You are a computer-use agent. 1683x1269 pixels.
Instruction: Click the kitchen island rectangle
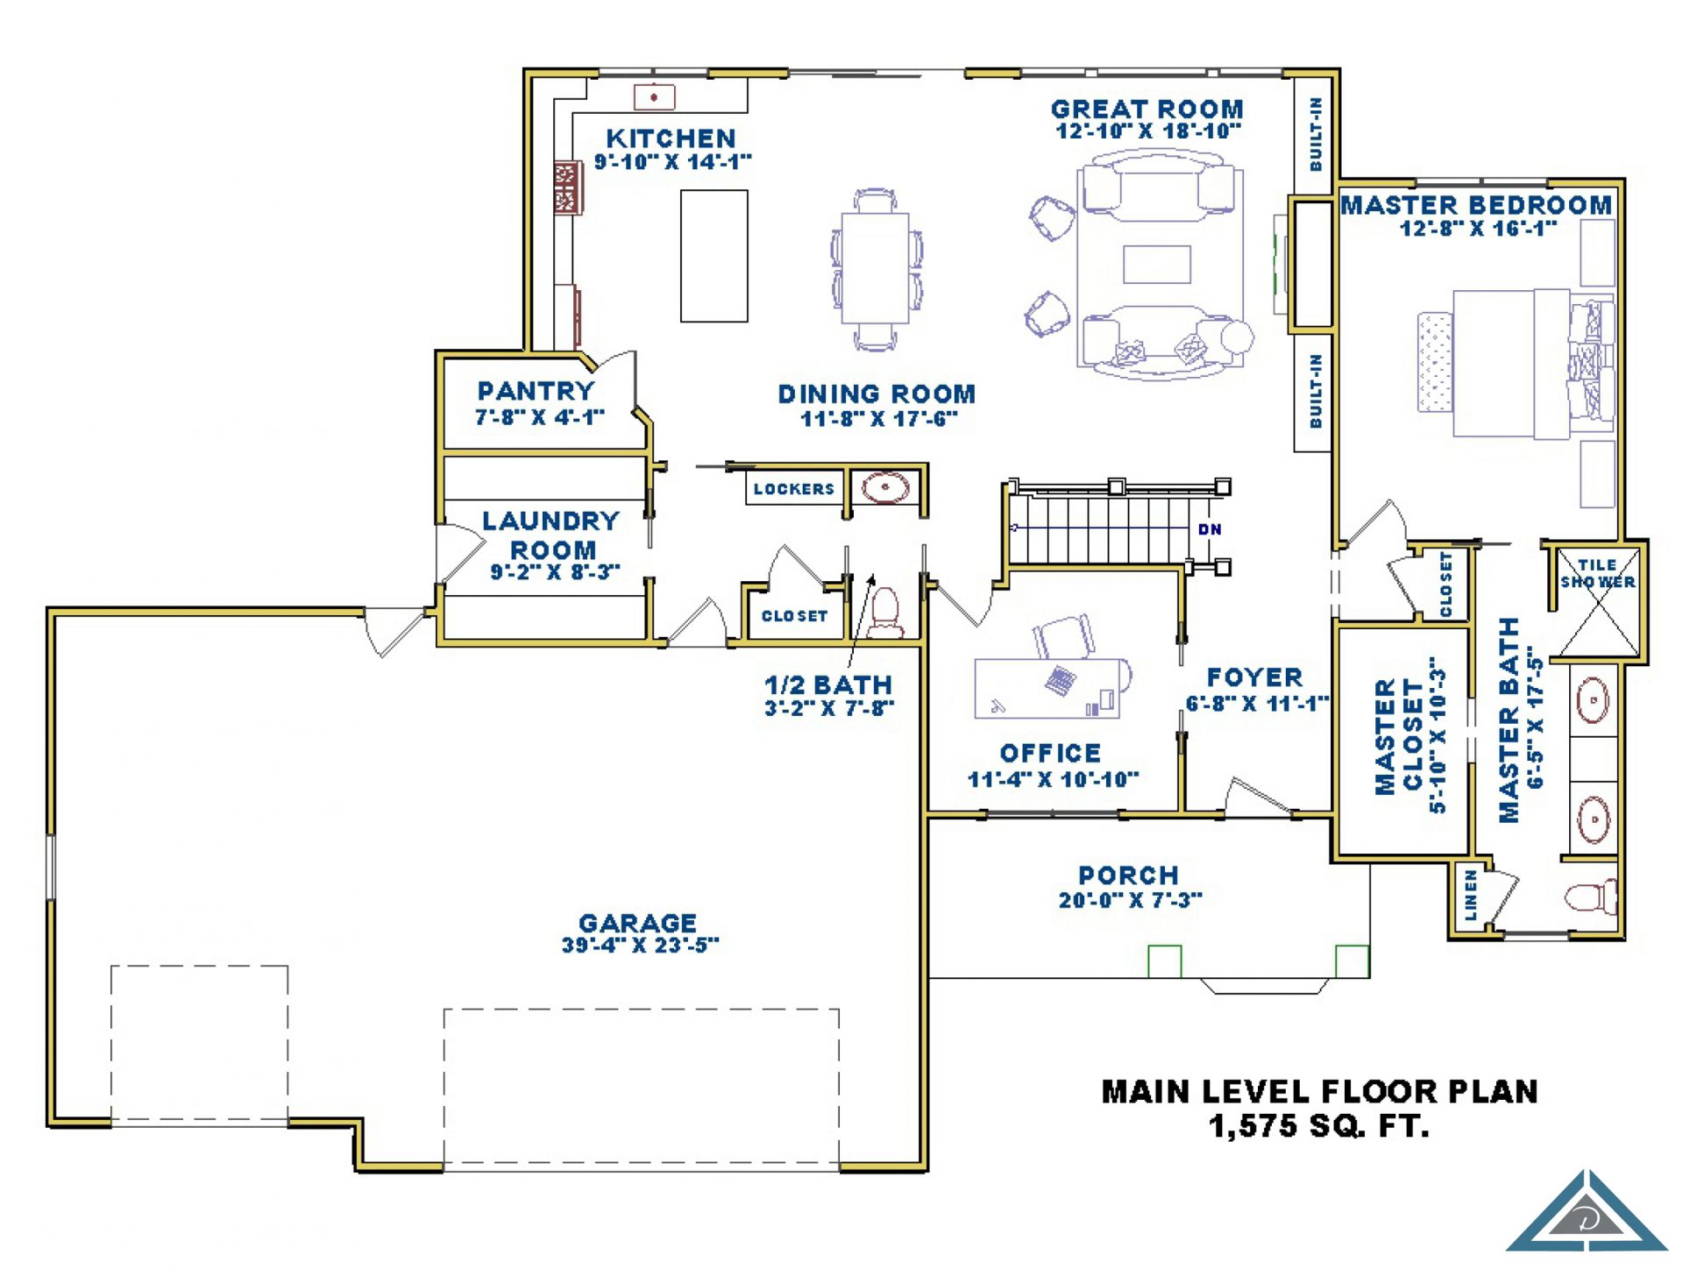(x=714, y=256)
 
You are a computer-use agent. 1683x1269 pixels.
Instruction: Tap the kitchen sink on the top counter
(x=654, y=96)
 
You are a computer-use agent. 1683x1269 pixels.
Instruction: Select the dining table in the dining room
(x=875, y=268)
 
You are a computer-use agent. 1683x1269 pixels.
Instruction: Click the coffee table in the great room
(x=1157, y=265)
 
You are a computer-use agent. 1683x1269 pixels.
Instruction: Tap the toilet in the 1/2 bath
(x=885, y=613)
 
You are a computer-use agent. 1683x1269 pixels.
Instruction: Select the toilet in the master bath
(x=1591, y=897)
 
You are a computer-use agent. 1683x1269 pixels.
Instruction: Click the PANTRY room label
(x=536, y=391)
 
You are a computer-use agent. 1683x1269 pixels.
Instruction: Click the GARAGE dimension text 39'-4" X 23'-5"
(x=640, y=945)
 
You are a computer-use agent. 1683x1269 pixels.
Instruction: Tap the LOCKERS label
(x=794, y=489)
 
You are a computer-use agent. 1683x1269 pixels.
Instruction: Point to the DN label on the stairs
(x=1210, y=529)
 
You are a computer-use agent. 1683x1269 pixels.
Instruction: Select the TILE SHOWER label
(x=1597, y=573)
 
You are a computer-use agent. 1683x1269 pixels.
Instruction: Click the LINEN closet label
(x=1470, y=896)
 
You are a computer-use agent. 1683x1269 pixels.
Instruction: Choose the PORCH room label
(x=1129, y=876)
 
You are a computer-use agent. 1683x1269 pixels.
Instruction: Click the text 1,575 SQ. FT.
(x=1319, y=1126)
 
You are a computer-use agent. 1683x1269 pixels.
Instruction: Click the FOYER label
(x=1255, y=677)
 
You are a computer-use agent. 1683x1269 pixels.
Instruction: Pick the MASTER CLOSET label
(x=1399, y=736)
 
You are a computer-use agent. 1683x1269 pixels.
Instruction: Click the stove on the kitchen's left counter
(x=568, y=188)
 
